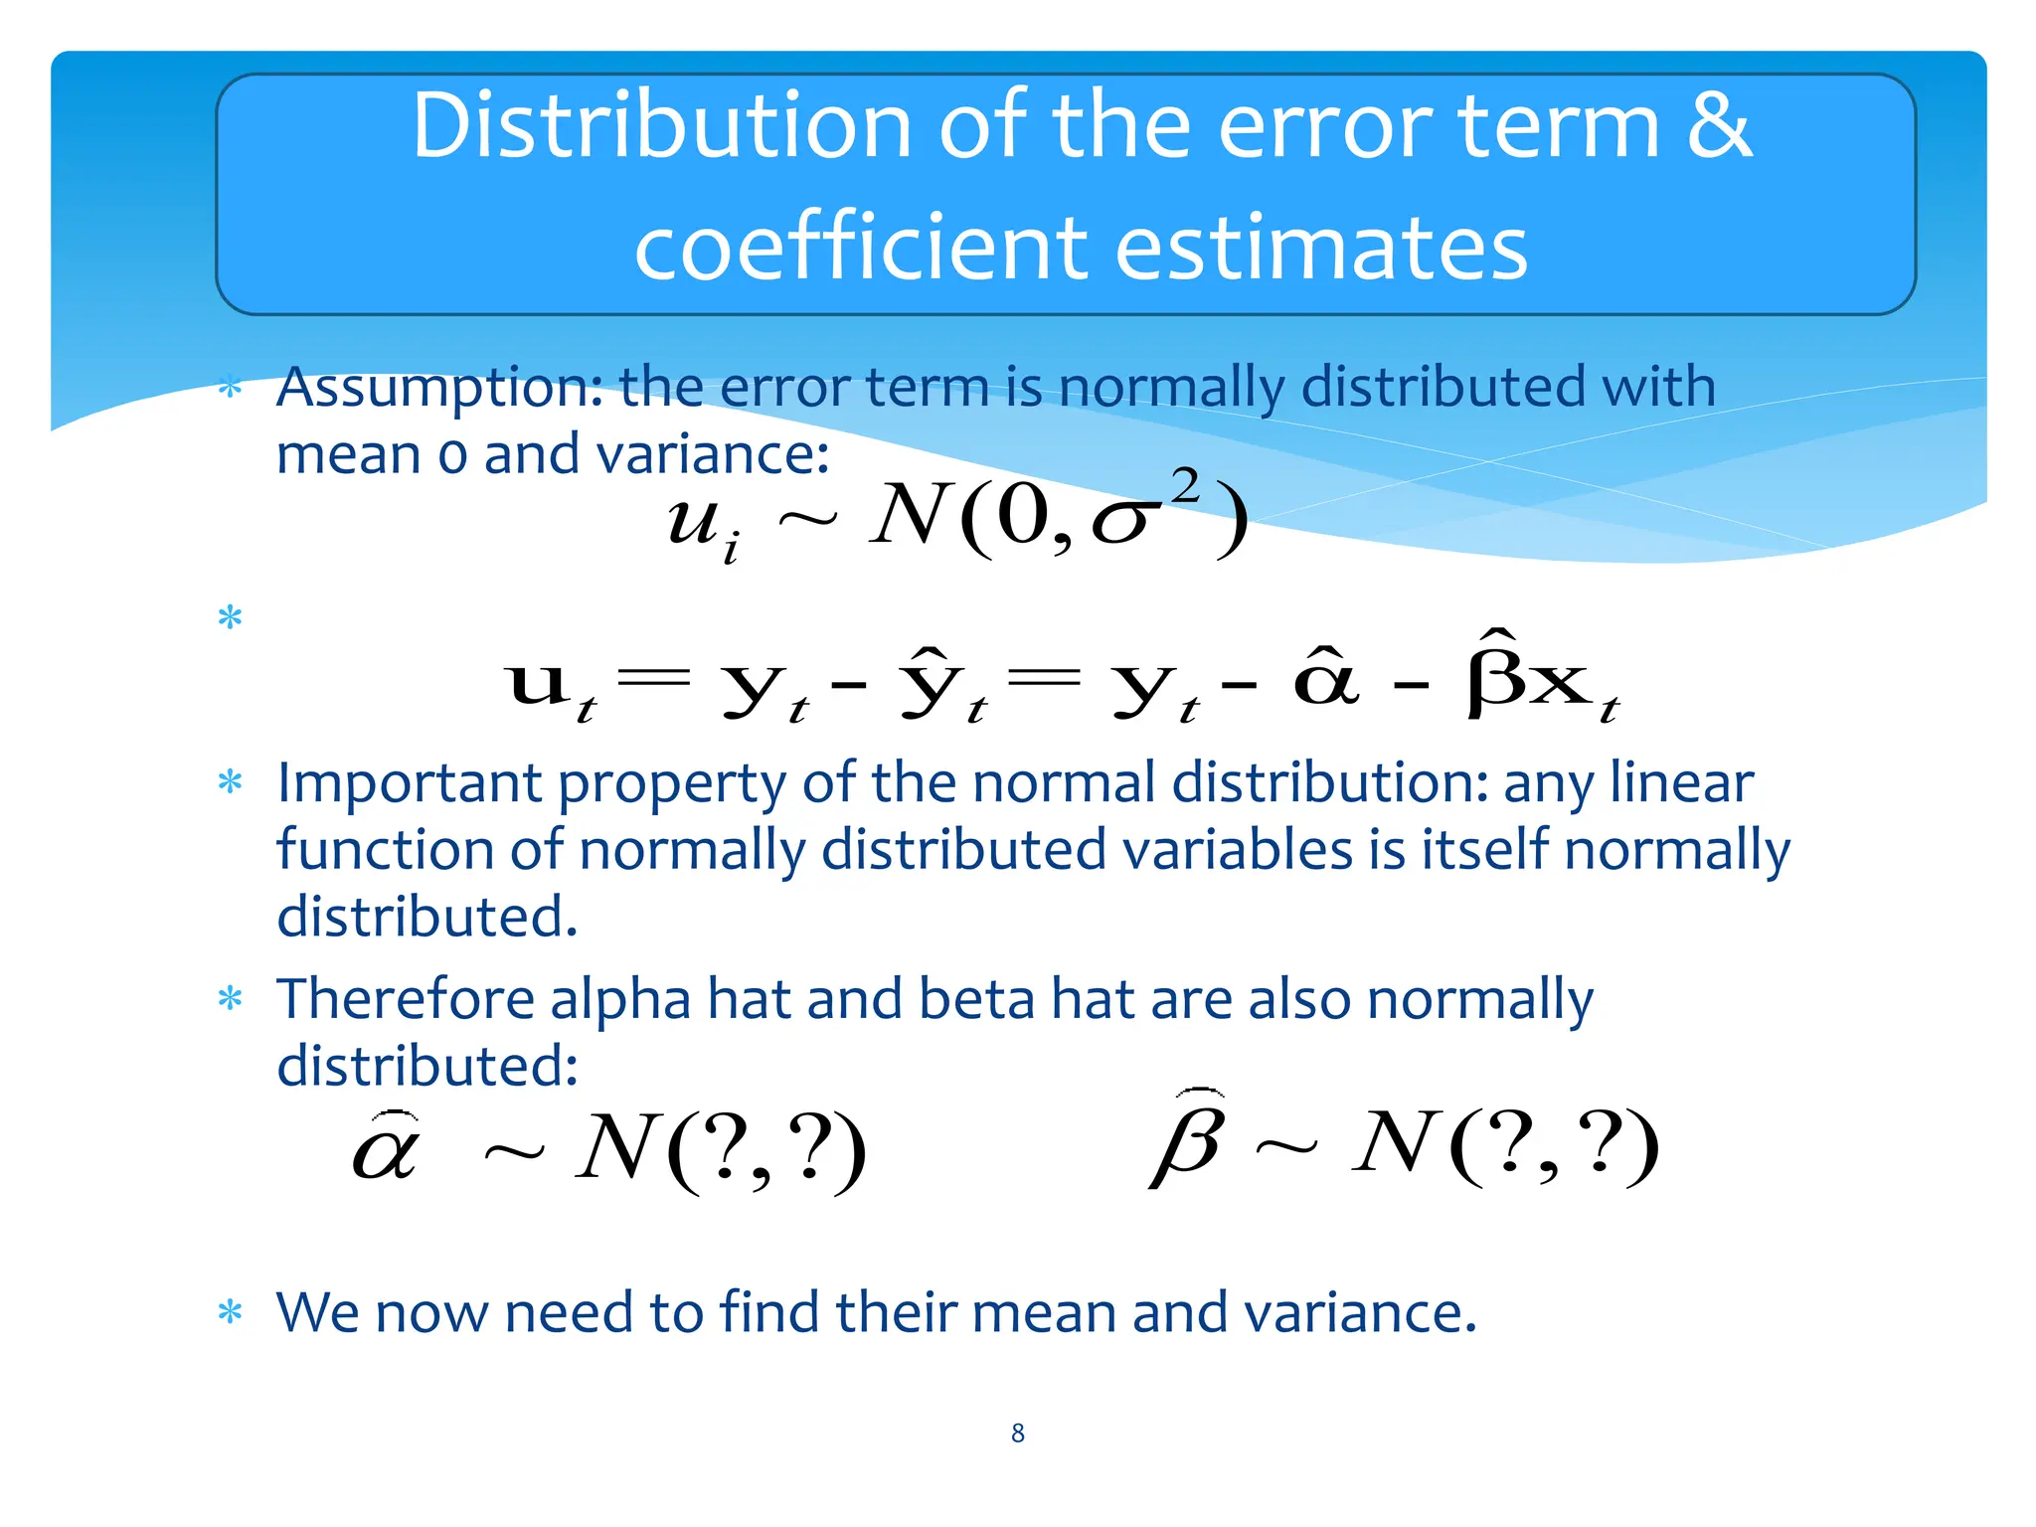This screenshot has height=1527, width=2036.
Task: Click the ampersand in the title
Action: point(1719,126)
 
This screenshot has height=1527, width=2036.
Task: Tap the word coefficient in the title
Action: point(861,248)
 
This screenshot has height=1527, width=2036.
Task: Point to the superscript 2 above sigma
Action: point(1185,487)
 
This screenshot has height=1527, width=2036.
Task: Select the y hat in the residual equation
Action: point(931,681)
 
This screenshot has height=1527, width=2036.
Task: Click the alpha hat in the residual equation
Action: point(1326,678)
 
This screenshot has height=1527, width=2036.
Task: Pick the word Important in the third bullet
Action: point(409,783)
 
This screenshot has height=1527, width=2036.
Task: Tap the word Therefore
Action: point(405,999)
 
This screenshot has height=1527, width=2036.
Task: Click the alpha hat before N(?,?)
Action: point(387,1149)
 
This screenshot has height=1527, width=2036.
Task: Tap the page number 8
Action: point(1017,1433)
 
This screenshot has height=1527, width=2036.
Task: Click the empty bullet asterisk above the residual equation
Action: point(230,618)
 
